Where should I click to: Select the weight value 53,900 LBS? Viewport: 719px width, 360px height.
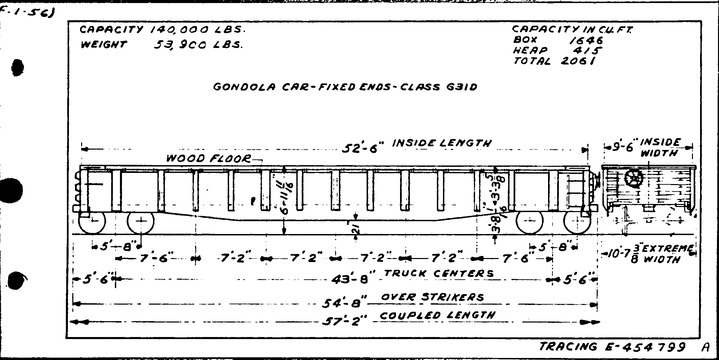coord(198,45)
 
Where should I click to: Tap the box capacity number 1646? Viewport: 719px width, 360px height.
coord(586,40)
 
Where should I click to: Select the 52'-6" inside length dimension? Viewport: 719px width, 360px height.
coord(362,148)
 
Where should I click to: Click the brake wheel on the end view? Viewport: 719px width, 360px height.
coord(634,178)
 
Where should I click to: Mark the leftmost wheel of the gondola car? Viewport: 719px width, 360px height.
coord(92,221)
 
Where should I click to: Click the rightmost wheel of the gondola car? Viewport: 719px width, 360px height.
coord(577,221)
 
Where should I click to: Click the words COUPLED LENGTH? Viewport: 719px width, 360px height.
coord(438,316)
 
